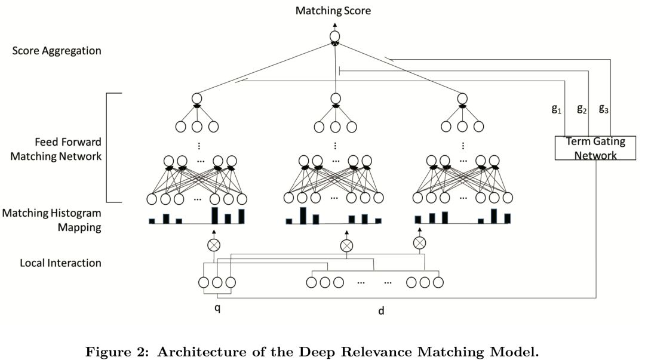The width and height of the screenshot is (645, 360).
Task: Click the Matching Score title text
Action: click(x=334, y=10)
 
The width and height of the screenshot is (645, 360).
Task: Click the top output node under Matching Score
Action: click(x=335, y=37)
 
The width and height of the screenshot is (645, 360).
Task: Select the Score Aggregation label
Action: click(x=57, y=51)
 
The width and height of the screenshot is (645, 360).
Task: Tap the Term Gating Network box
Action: click(x=591, y=147)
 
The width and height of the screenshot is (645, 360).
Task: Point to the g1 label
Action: click(x=556, y=109)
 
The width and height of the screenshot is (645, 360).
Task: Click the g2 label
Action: click(x=581, y=109)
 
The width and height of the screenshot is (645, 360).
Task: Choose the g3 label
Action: click(x=604, y=109)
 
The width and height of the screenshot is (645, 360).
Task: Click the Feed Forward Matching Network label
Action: click(x=68, y=149)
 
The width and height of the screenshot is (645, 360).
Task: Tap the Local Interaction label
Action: click(x=60, y=263)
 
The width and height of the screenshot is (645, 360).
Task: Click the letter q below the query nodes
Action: click(x=217, y=309)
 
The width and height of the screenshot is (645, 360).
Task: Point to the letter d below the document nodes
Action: click(x=382, y=311)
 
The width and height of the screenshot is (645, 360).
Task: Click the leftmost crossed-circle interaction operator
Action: click(x=214, y=245)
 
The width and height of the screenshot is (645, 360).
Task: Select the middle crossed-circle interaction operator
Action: click(x=346, y=245)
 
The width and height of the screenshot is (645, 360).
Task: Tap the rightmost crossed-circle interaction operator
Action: click(x=420, y=242)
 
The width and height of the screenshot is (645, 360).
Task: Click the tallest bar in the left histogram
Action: click(x=214, y=215)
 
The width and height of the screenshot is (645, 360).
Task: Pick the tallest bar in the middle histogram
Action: click(x=303, y=215)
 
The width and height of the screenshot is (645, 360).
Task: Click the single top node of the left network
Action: click(x=198, y=99)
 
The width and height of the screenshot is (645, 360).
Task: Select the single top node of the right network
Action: click(x=461, y=99)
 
